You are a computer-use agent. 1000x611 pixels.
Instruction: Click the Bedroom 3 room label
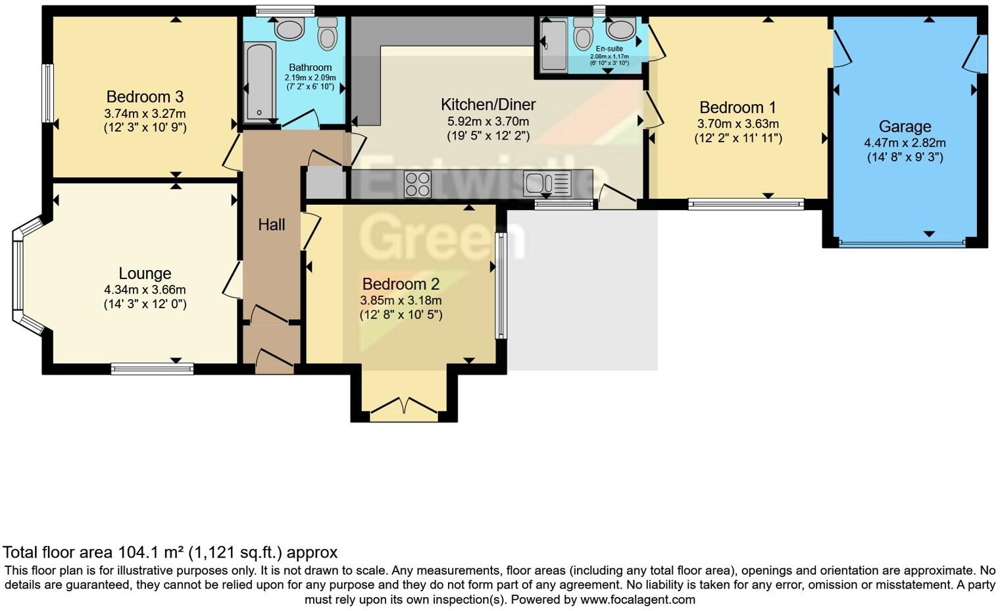145,97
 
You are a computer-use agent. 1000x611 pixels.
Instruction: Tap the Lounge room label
145,273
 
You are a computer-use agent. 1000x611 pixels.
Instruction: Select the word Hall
271,225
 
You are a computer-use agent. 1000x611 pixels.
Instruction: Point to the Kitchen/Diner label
488,104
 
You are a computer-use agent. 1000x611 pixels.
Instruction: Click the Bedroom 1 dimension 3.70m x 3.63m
737,124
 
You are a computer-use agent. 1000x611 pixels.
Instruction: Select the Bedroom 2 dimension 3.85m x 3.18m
401,300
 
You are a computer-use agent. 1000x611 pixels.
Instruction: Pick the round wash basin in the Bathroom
288,28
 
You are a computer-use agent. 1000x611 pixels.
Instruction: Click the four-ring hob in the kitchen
417,184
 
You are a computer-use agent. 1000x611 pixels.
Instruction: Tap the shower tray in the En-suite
553,45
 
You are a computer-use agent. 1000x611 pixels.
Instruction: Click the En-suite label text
609,49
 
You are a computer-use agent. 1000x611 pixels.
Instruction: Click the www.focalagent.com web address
637,600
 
